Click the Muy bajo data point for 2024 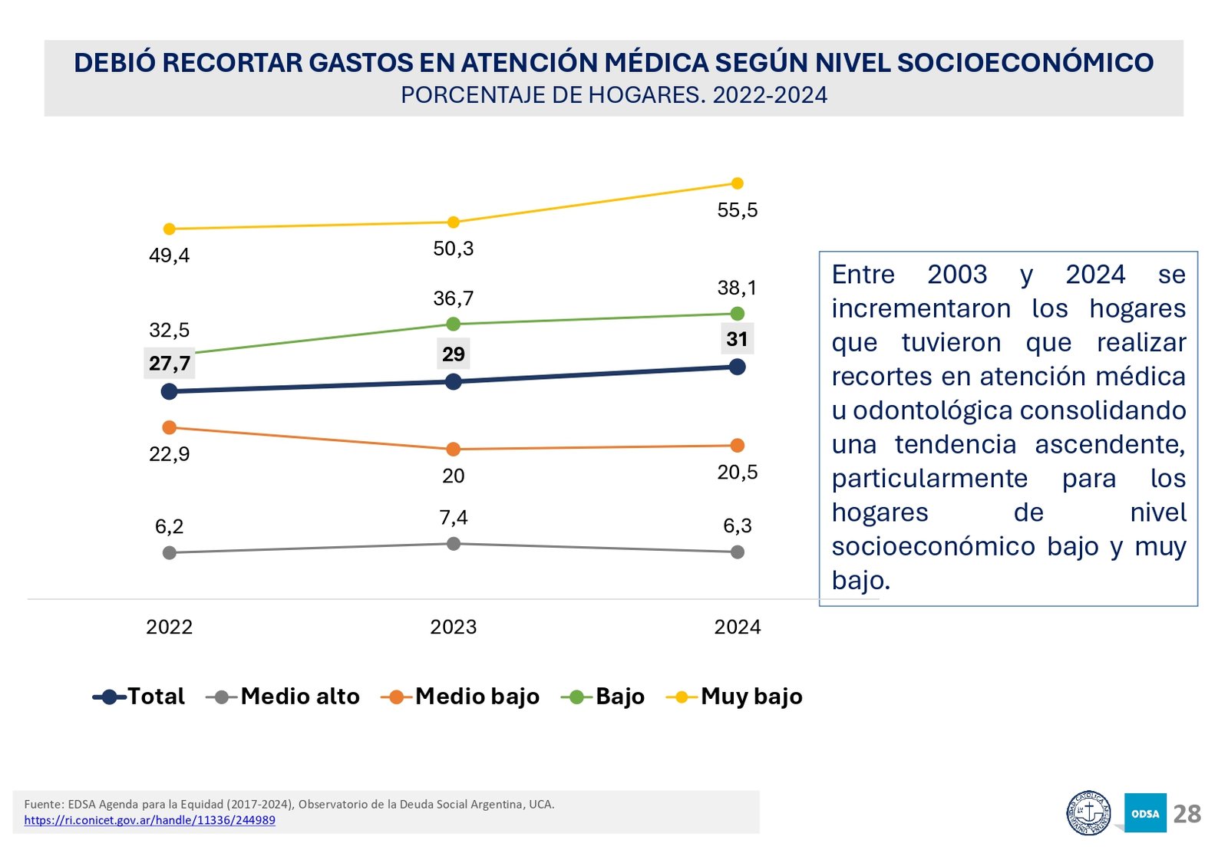(x=738, y=183)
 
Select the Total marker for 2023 (x=454, y=381)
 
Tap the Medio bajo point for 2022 (x=170, y=427)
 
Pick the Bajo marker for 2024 (x=738, y=314)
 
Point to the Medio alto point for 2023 (x=454, y=544)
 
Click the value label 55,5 (x=737, y=210)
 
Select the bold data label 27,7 (x=170, y=364)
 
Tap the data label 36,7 (x=454, y=298)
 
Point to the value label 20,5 (x=737, y=473)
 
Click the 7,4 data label (x=454, y=518)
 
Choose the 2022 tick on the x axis (x=170, y=627)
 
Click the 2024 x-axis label (x=738, y=627)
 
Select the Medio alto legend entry (x=284, y=697)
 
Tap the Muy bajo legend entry (x=735, y=697)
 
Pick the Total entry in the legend (x=140, y=697)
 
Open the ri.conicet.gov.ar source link (x=150, y=820)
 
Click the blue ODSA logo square (x=1145, y=813)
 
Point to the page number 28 (x=1187, y=814)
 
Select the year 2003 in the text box (x=957, y=275)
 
